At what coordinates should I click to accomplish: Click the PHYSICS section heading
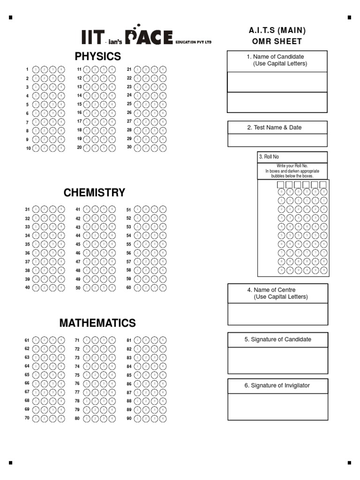click(97, 57)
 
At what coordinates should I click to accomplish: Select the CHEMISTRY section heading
click(94, 193)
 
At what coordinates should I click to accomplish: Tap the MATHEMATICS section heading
click(97, 323)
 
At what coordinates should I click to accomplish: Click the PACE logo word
click(150, 37)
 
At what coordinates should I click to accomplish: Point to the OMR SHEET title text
click(277, 41)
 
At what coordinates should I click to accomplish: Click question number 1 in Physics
click(28, 69)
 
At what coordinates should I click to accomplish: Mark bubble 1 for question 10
click(36, 148)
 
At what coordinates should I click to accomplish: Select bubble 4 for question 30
click(163, 148)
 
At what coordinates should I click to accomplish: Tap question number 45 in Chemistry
click(78, 244)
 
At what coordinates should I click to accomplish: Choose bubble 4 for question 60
click(163, 288)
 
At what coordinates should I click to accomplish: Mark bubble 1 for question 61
click(36, 340)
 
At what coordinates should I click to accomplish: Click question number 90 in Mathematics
click(129, 418)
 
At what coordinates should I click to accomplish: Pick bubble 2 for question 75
click(95, 375)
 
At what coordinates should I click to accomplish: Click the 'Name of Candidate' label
click(277, 60)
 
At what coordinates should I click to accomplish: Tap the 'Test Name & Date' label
click(277, 127)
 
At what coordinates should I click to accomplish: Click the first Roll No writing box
click(281, 185)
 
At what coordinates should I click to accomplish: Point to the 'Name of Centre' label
click(277, 293)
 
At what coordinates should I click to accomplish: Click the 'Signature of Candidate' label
click(277, 339)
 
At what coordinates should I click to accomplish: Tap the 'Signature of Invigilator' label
click(277, 385)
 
